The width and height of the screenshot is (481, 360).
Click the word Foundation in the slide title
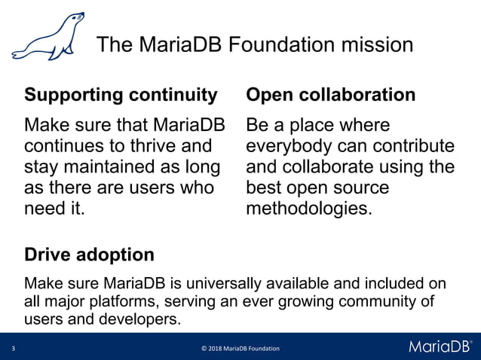tap(285, 45)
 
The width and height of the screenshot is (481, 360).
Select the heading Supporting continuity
tap(121, 96)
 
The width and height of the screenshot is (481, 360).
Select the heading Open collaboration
tap(331, 96)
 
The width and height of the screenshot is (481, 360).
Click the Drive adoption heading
tap(90, 255)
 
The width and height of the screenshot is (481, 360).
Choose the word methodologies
tap(308, 209)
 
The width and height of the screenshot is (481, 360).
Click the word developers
tap(133, 319)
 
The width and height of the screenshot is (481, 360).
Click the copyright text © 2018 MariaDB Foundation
tap(240, 349)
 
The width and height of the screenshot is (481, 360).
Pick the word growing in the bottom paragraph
tap(290, 302)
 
